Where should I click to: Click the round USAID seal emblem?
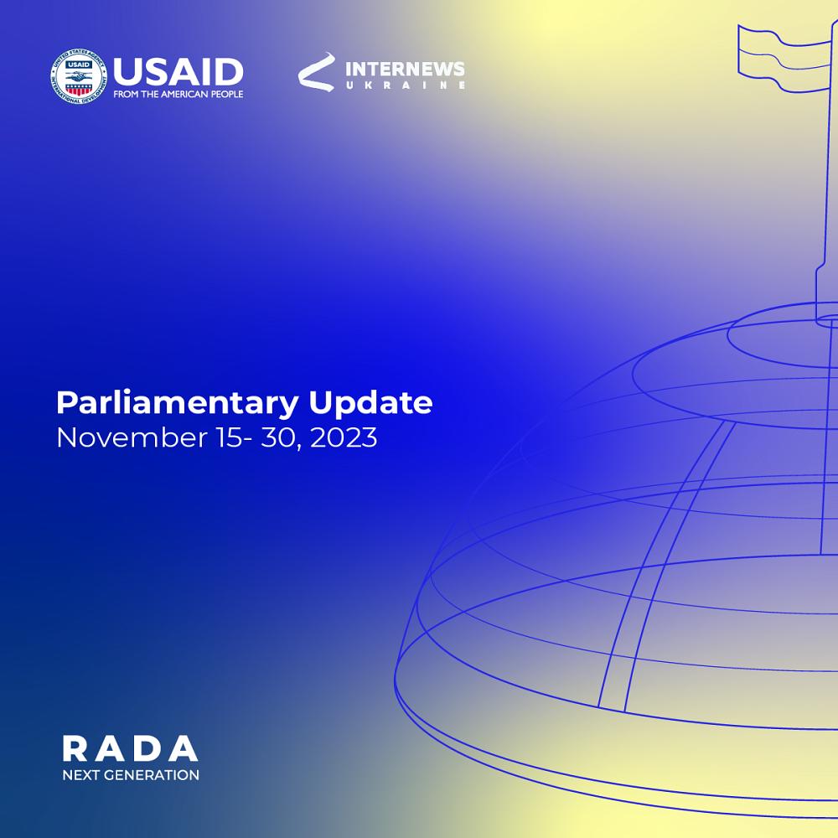(79, 76)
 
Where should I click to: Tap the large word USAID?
(178, 71)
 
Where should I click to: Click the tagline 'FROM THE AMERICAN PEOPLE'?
(178, 94)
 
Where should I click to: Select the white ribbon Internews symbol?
(317, 71)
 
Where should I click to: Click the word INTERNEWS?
(405, 69)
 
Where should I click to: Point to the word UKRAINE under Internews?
(405, 85)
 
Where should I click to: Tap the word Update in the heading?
(371, 404)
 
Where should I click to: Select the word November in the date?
(132, 437)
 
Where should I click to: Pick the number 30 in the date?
(277, 437)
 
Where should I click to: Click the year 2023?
(344, 437)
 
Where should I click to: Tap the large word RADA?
(131, 748)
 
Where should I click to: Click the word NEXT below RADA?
(80, 775)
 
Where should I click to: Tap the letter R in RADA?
(75, 748)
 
